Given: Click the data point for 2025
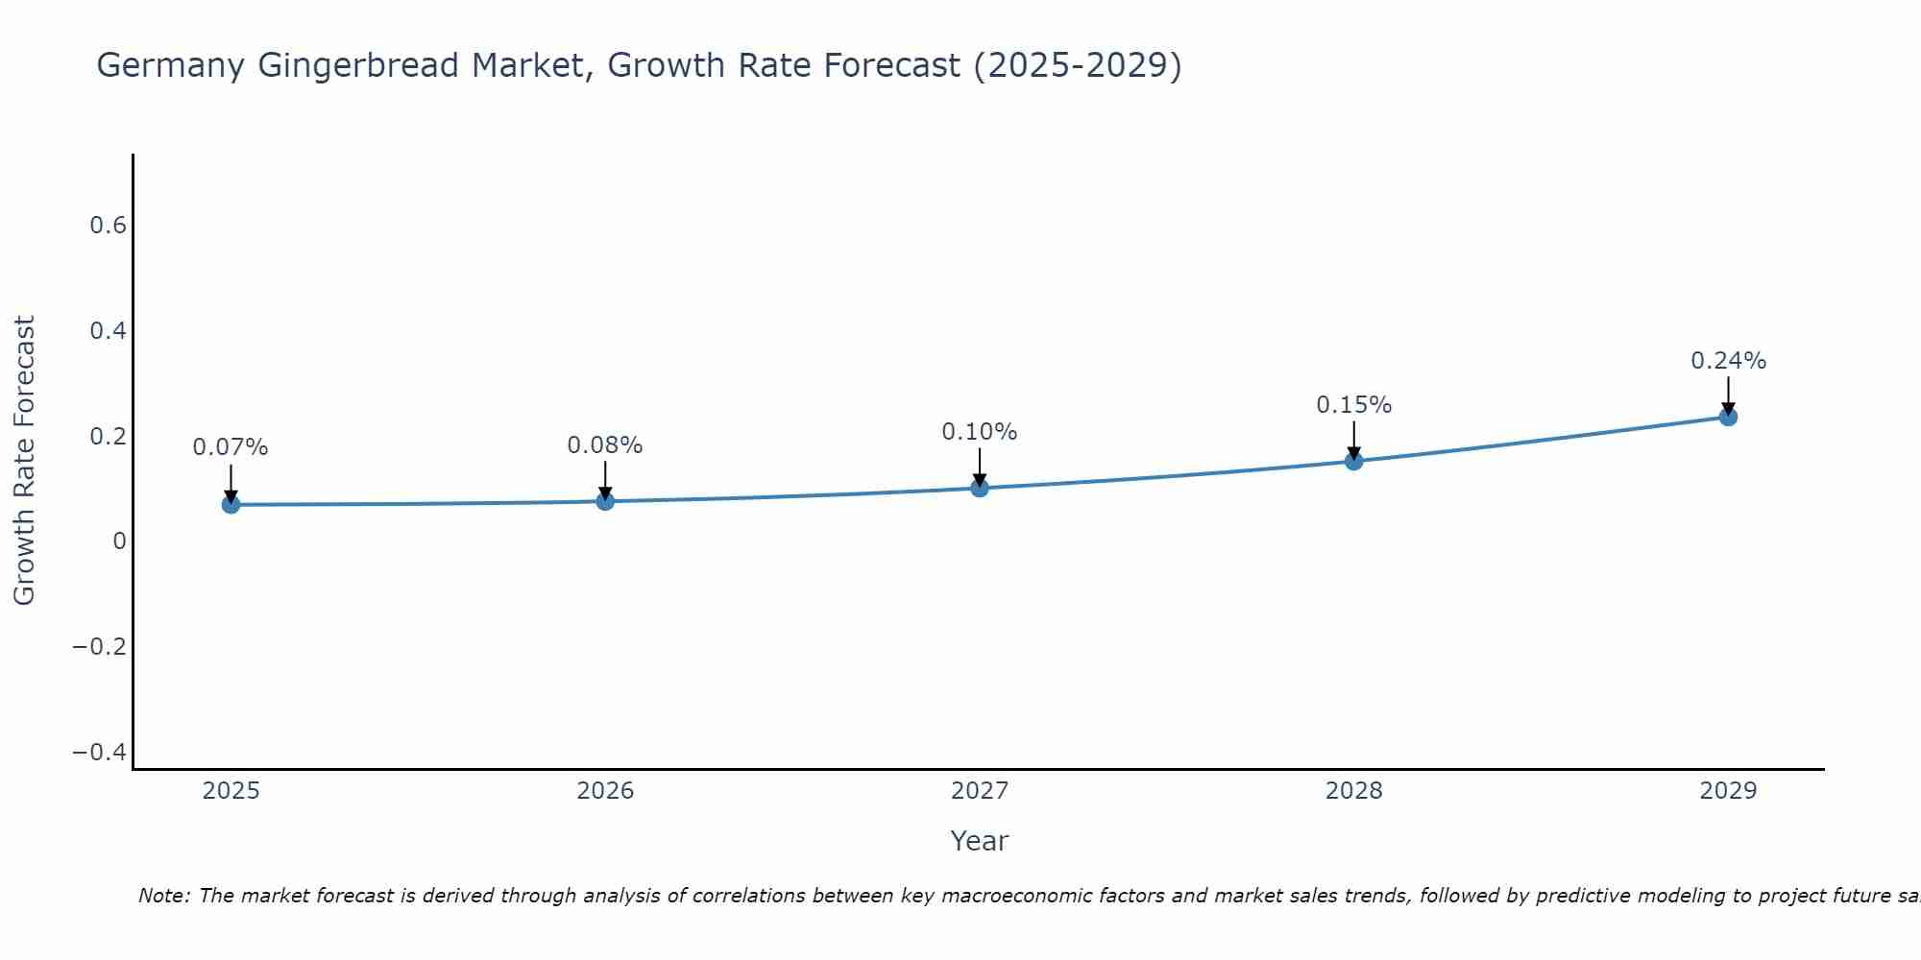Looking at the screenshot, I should (231, 504).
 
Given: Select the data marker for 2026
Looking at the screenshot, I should (605, 500).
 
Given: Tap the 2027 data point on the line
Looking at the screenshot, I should (980, 488).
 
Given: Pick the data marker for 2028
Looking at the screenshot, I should (1354, 461).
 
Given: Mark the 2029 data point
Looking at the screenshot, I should (1728, 417).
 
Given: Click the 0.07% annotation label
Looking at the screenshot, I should (231, 447).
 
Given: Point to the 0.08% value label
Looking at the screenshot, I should (605, 445).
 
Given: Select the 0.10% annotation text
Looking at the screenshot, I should (980, 432).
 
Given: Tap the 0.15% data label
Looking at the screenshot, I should (1354, 405).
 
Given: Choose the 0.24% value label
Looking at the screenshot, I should (1728, 361).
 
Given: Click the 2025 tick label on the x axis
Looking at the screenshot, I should (231, 791).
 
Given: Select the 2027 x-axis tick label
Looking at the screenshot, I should (980, 791).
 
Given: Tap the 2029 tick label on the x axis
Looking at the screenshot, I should (1728, 791).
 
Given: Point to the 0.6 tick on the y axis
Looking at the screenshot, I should (109, 226).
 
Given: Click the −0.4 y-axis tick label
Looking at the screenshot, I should (100, 752).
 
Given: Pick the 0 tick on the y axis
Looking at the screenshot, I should (120, 541).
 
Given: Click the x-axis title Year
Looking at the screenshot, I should (979, 841).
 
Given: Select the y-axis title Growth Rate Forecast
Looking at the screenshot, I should (24, 460).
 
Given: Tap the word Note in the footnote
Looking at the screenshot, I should (162, 896).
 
